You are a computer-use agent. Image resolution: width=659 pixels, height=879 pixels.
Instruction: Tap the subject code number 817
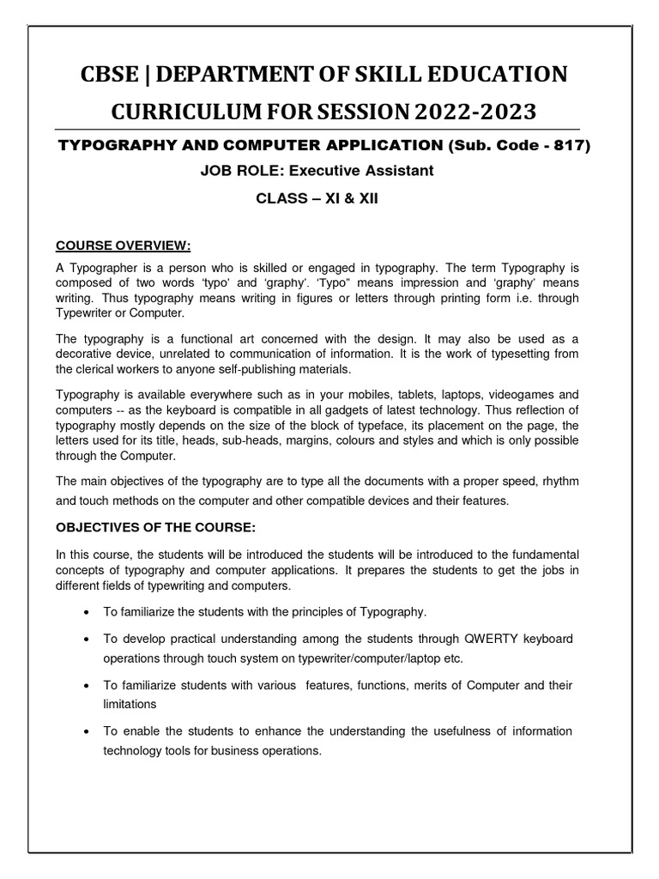click(570, 146)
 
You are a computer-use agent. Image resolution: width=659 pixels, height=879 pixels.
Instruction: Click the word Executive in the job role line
click(325, 171)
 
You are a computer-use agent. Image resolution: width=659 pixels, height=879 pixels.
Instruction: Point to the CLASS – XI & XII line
click(329, 199)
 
